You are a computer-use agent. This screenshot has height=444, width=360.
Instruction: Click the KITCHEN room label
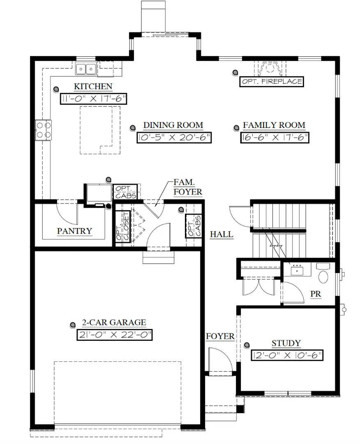click(x=93, y=86)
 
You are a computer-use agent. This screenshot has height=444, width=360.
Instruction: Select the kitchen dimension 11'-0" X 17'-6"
click(x=93, y=99)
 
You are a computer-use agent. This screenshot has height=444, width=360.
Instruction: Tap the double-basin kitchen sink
click(x=86, y=69)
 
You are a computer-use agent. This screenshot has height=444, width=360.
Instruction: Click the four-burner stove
click(x=43, y=129)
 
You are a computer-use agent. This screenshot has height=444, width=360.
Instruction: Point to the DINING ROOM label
click(x=173, y=125)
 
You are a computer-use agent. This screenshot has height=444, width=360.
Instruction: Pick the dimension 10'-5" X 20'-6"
click(x=174, y=138)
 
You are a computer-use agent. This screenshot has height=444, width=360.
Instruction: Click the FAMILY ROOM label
click(x=274, y=125)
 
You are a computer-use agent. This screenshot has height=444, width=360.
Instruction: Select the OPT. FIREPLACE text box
click(x=272, y=81)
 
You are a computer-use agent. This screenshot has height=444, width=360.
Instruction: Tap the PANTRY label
click(x=74, y=231)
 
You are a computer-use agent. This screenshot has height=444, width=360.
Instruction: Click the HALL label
click(x=222, y=235)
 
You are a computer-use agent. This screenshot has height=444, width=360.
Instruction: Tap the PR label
click(x=316, y=294)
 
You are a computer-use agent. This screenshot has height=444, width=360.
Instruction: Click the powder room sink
click(x=297, y=270)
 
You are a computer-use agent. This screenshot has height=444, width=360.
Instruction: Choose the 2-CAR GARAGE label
click(x=114, y=323)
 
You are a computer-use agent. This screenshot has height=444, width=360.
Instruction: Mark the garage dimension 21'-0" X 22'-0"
click(x=115, y=335)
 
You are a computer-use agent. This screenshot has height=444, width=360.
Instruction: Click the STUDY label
click(x=286, y=343)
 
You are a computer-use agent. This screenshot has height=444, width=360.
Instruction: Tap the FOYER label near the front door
click(x=220, y=336)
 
